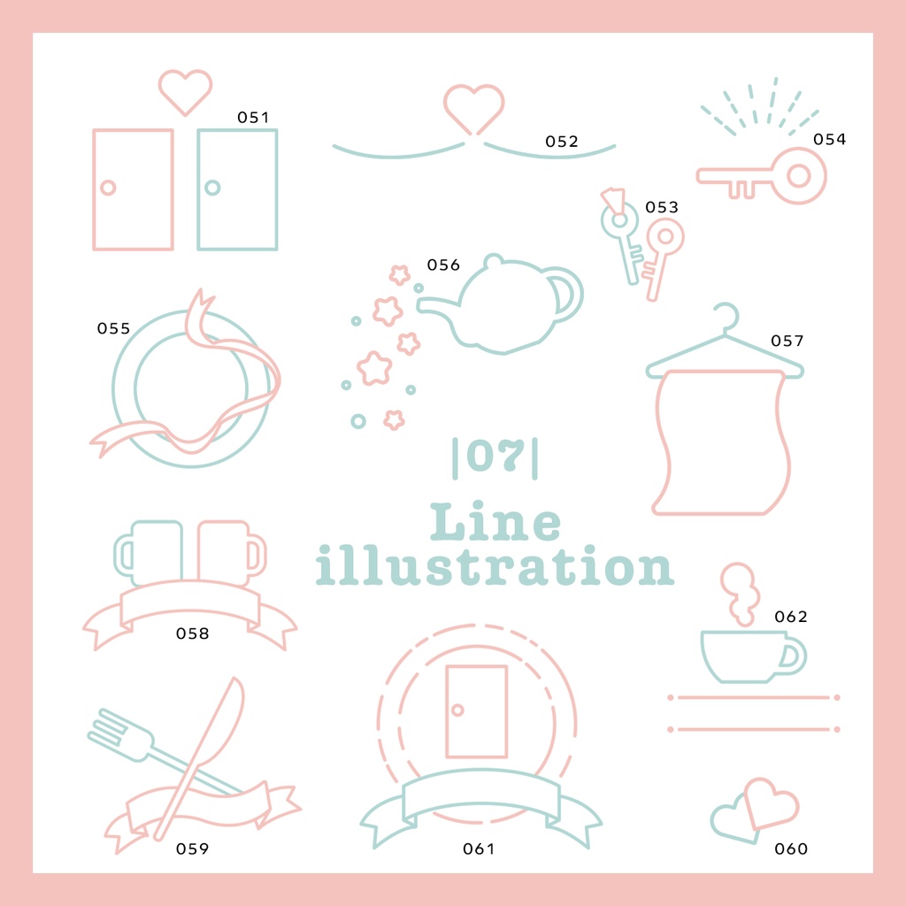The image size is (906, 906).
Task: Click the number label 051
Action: tap(253, 118)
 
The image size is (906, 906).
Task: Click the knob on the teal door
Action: tap(212, 188)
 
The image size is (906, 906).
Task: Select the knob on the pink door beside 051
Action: tap(108, 188)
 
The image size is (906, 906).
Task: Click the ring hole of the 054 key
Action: tap(799, 176)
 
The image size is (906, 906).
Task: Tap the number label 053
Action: tap(662, 207)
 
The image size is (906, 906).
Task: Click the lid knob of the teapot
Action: tap(493, 261)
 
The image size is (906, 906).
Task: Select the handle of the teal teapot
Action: tap(566, 294)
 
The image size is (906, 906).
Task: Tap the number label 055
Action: tap(113, 329)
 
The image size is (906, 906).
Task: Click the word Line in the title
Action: tap(495, 522)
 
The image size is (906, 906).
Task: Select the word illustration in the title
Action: tap(495, 565)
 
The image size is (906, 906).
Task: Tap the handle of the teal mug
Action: tap(123, 555)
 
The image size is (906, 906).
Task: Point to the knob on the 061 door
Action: tap(457, 710)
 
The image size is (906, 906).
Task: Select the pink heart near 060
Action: tap(771, 803)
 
